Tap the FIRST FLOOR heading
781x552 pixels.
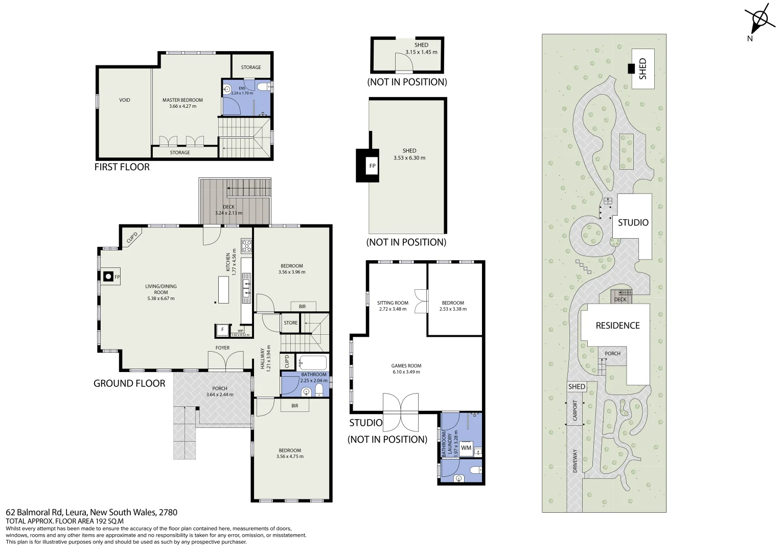point(122,167)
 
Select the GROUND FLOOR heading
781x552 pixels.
point(129,383)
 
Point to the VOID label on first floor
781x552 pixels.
point(125,100)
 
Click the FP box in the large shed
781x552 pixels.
point(372,166)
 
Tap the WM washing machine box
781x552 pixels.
point(466,448)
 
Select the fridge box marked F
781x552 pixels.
point(222,330)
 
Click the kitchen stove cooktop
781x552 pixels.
point(247,246)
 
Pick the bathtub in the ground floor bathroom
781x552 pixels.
point(312,363)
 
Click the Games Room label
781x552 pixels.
point(406,369)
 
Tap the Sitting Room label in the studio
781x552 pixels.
point(393,306)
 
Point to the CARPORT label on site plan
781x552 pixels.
point(575,411)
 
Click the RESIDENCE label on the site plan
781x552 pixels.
point(617,326)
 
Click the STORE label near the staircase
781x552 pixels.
point(290,323)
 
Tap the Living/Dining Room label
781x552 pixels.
point(160,292)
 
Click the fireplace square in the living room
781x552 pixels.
point(108,277)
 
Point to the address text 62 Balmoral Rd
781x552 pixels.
point(91,512)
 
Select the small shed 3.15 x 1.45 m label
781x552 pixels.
point(421,49)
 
